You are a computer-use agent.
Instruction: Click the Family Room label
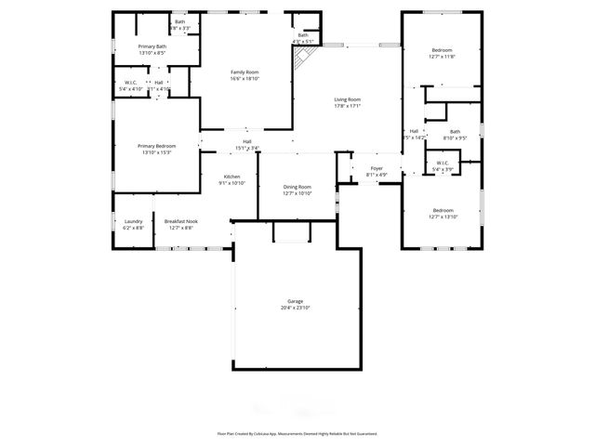pos(245,72)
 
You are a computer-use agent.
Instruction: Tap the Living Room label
pos(348,99)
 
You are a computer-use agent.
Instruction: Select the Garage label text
pos(295,302)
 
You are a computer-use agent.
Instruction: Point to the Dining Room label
pos(297,187)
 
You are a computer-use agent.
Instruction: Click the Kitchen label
pos(231,177)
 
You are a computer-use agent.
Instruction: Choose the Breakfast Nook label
pos(180,221)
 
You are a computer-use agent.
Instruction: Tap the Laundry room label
pos(133,221)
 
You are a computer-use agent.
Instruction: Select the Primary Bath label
pos(152,46)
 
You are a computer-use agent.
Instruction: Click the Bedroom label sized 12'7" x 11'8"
pos(442,50)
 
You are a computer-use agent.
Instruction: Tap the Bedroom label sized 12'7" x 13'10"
pos(442,210)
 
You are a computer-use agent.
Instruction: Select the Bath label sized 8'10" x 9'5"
pos(455,132)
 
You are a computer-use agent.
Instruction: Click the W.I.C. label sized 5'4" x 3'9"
pos(442,166)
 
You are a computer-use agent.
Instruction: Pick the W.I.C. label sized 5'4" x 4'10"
pos(131,83)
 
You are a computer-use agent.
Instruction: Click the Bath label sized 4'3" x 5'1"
pos(303,35)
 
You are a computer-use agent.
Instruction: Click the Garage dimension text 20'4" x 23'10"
pos(295,308)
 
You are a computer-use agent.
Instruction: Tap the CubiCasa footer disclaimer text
pos(297,433)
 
